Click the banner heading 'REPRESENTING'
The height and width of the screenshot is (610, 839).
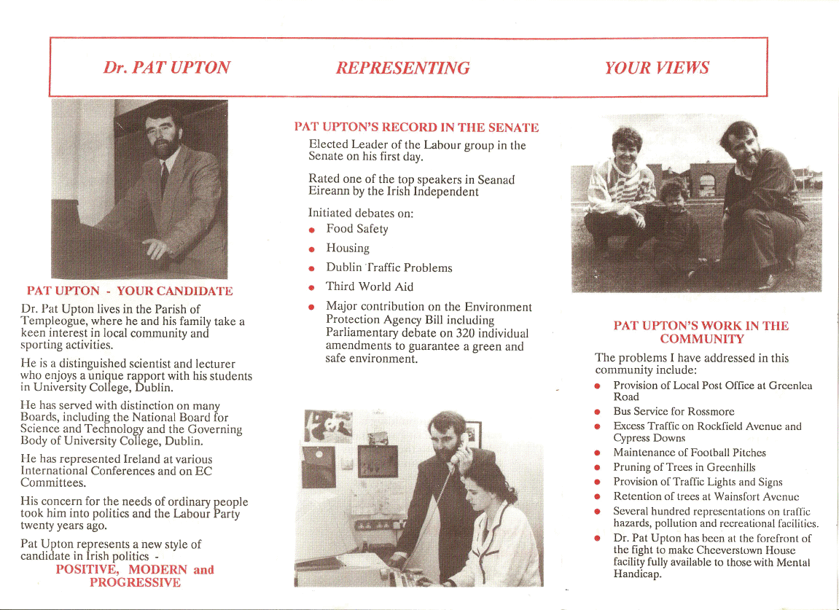pos(402,69)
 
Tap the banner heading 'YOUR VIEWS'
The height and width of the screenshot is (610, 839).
pos(656,69)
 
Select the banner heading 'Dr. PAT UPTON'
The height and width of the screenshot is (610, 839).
pos(166,68)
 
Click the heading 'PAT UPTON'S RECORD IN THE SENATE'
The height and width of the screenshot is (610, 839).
pos(416,128)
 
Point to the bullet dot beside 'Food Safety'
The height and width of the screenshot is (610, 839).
pos(312,230)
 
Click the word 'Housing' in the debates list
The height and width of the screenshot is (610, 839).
pos(348,248)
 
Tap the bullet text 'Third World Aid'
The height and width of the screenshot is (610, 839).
pos(370,286)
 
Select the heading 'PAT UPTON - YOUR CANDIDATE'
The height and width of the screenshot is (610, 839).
pos(130,292)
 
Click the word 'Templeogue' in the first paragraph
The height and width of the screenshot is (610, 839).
pos(51,321)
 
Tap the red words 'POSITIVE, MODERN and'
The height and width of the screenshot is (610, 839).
pos(135,569)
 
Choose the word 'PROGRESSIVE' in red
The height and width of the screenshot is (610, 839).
pos(135,582)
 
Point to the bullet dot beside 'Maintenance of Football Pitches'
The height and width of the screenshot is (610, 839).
pos(597,453)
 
